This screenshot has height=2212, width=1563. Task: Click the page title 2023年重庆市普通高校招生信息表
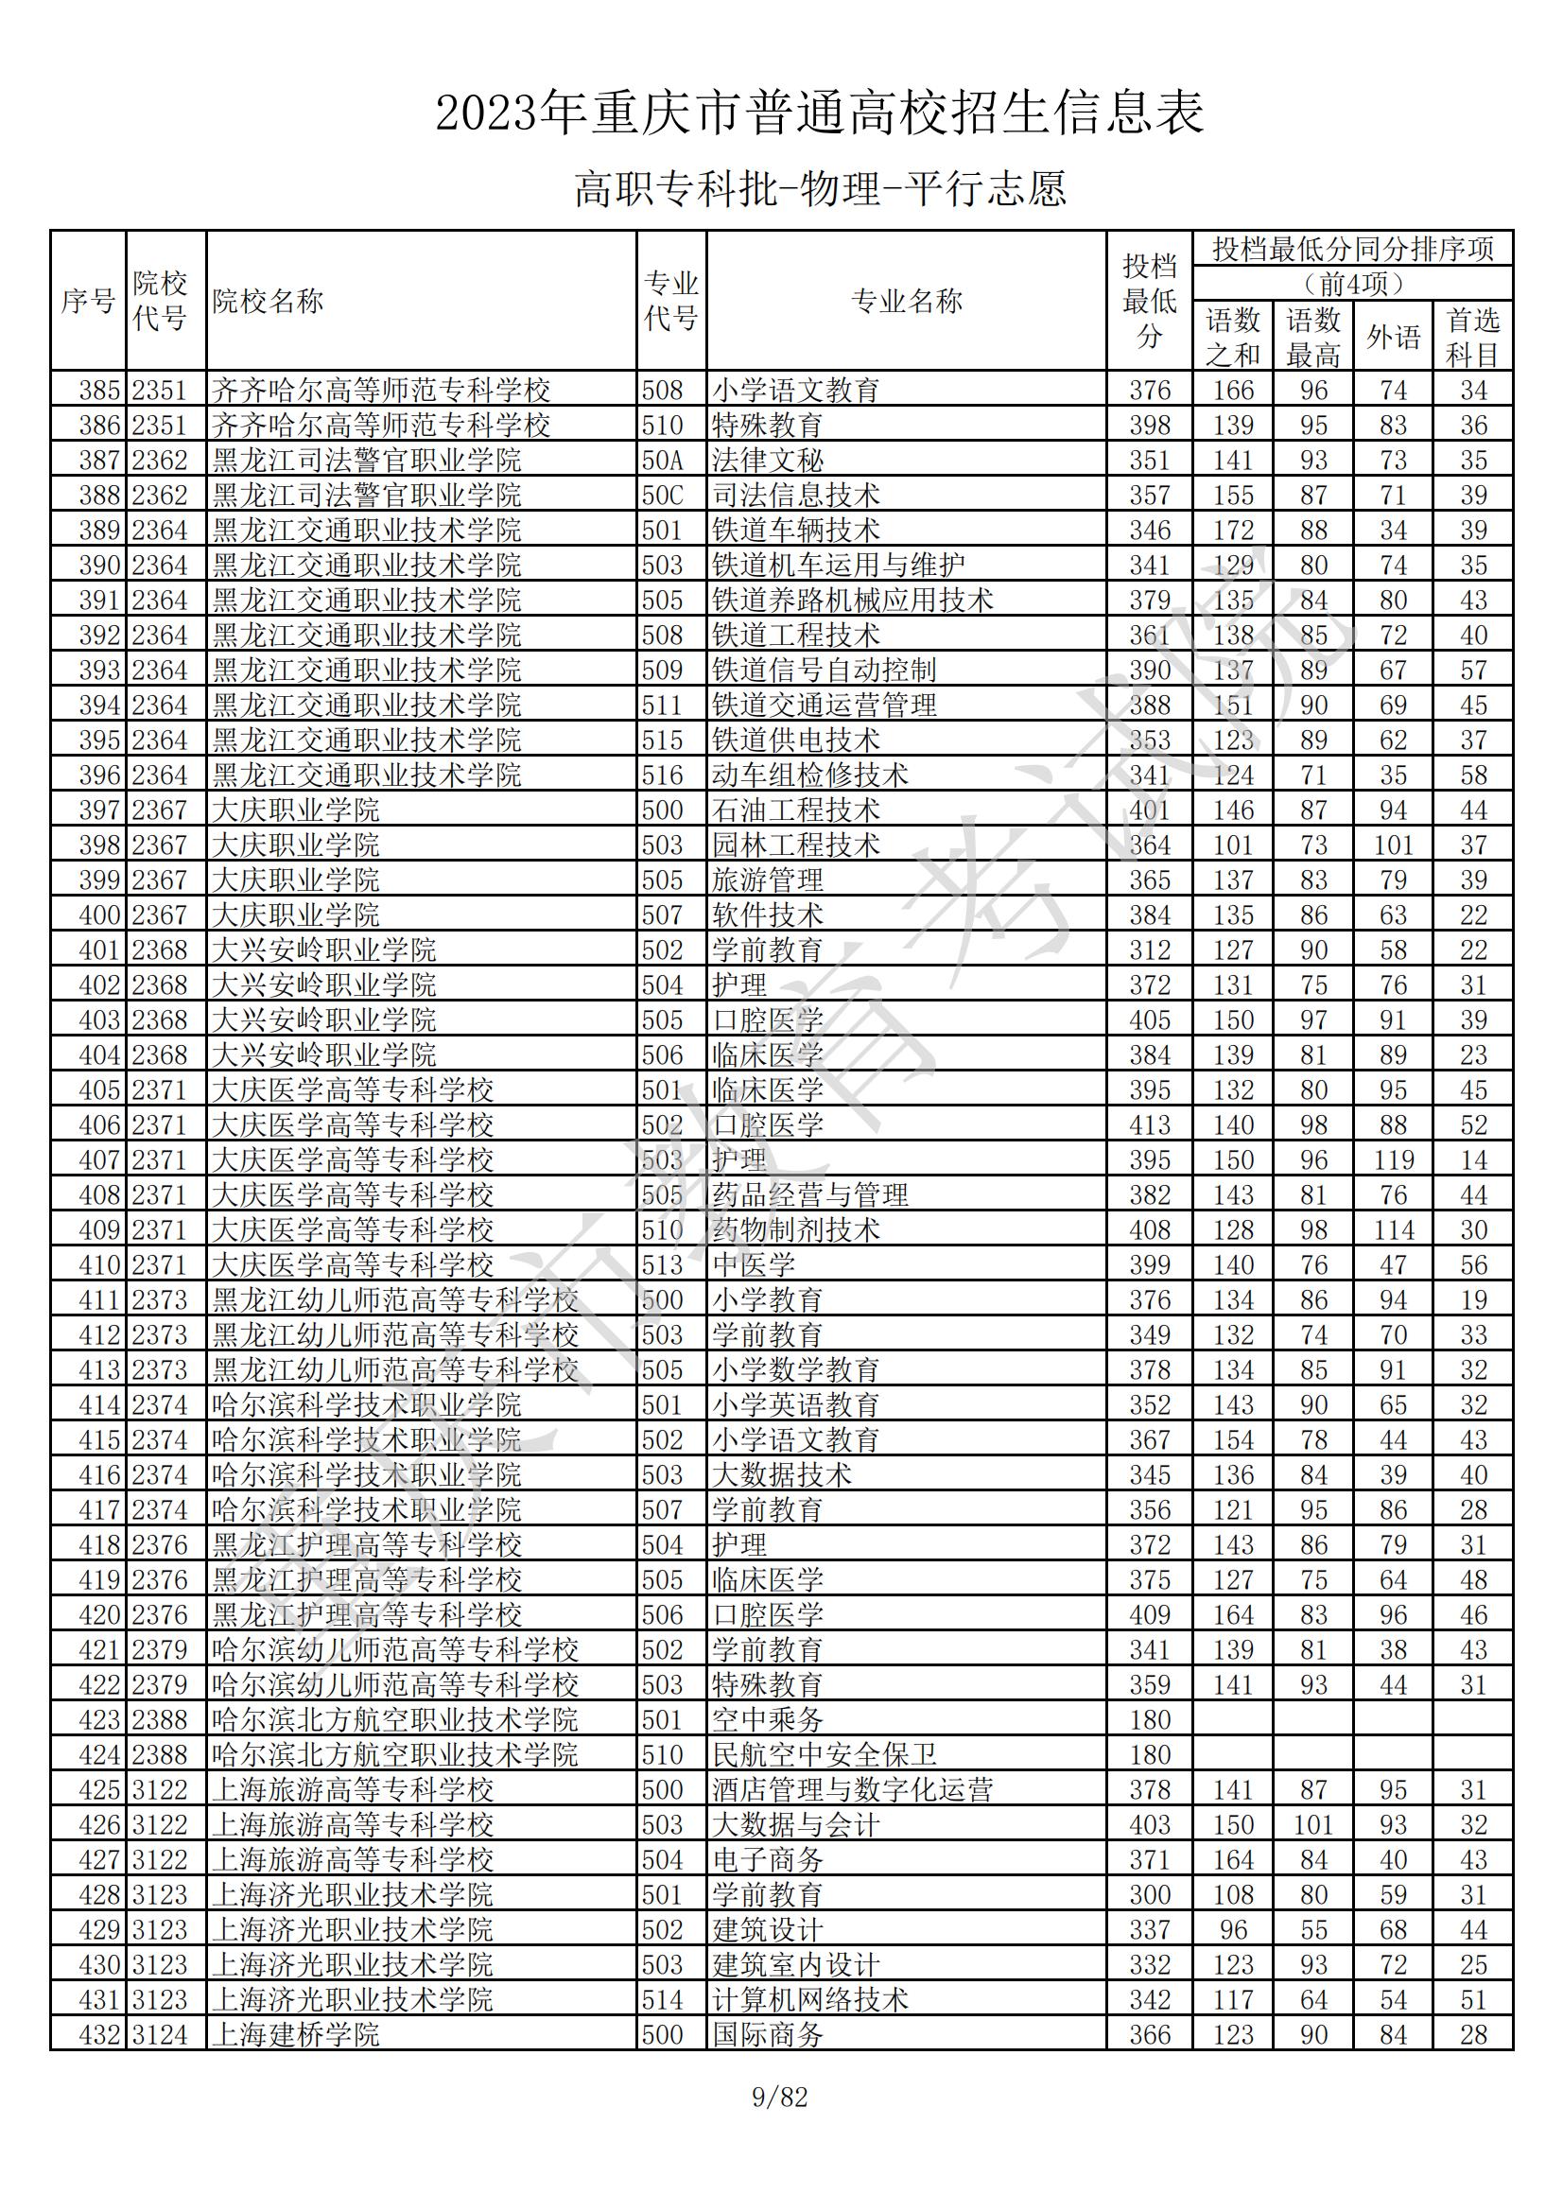(820, 113)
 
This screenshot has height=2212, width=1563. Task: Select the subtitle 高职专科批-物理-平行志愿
(820, 189)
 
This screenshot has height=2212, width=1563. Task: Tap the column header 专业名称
(906, 302)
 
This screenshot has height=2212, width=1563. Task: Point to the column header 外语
(1393, 338)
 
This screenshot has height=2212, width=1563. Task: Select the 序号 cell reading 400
(99, 915)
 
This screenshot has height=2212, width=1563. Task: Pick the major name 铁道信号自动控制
(824, 671)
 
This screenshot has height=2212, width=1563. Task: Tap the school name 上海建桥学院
(296, 2035)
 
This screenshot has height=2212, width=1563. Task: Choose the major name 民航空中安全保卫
(824, 1754)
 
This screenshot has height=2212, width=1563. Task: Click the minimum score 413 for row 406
(1149, 1125)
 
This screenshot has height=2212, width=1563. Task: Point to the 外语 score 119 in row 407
(1393, 1160)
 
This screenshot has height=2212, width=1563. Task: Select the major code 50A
(663, 461)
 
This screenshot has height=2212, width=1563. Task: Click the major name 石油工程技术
(795, 810)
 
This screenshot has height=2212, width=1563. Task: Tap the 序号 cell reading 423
(99, 1719)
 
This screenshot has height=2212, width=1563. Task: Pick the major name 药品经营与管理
(810, 1195)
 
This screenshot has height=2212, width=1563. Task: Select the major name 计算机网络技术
(810, 2000)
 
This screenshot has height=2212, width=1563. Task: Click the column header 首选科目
(1472, 338)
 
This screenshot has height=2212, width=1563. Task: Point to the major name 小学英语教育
(795, 1405)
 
